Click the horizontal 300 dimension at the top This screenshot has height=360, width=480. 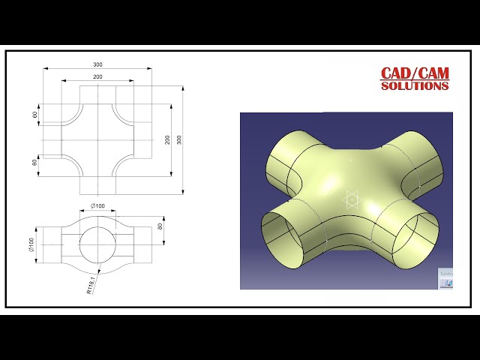[97, 64]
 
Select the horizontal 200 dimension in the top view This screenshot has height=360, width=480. [97, 76]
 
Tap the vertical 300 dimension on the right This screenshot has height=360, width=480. [178, 140]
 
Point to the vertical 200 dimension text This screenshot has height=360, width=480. [167, 140]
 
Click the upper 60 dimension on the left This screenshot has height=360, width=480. [35, 115]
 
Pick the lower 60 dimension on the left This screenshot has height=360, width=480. [35, 163]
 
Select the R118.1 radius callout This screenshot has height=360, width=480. [91, 284]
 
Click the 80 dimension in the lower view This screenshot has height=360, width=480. [160, 226]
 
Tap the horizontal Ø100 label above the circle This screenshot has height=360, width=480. [97, 205]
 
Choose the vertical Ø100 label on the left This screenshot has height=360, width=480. [32, 245]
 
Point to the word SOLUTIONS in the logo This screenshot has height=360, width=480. [415, 86]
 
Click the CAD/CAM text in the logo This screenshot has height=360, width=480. [415, 73]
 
